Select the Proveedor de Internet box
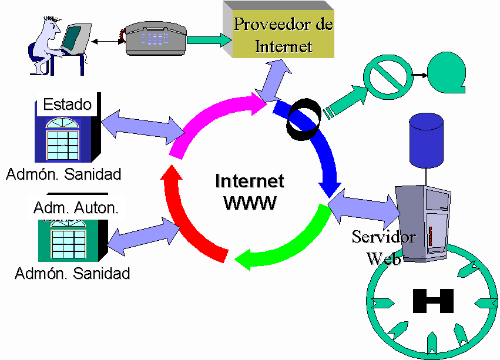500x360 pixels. click(283, 34)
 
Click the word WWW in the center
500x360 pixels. click(250, 203)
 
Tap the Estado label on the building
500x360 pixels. click(68, 105)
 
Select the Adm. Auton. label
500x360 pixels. click(76, 207)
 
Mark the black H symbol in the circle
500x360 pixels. click(433, 301)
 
